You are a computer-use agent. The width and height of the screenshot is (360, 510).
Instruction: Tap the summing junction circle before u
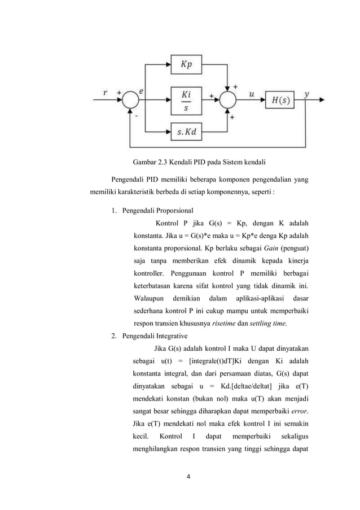(x=229, y=101)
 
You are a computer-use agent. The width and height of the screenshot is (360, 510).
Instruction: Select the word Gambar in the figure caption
(x=146, y=163)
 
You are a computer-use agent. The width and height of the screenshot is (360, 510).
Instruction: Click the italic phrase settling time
(x=269, y=323)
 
